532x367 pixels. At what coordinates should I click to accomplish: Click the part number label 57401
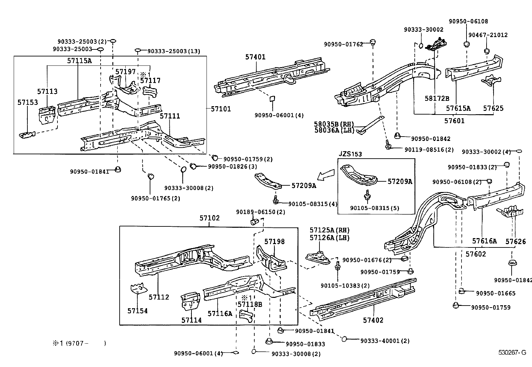[x=255, y=57]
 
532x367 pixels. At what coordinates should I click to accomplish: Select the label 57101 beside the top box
[x=221, y=109]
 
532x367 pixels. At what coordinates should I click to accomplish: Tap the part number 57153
[x=28, y=103]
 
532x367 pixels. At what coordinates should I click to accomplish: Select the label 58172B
[x=437, y=98]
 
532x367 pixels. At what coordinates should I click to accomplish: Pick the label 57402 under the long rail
[x=373, y=320]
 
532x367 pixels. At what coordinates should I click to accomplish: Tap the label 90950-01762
[x=343, y=44]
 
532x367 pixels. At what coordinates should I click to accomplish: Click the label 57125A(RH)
[x=329, y=230]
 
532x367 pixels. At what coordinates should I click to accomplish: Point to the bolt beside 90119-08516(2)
[x=388, y=146]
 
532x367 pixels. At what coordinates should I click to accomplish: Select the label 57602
[x=476, y=254]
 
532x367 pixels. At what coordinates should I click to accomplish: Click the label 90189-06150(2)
[x=260, y=212]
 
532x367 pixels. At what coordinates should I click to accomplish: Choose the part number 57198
[x=274, y=241]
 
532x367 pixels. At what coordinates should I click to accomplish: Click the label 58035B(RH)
[x=334, y=124]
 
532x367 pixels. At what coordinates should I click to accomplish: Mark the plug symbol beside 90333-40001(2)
[x=344, y=339]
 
